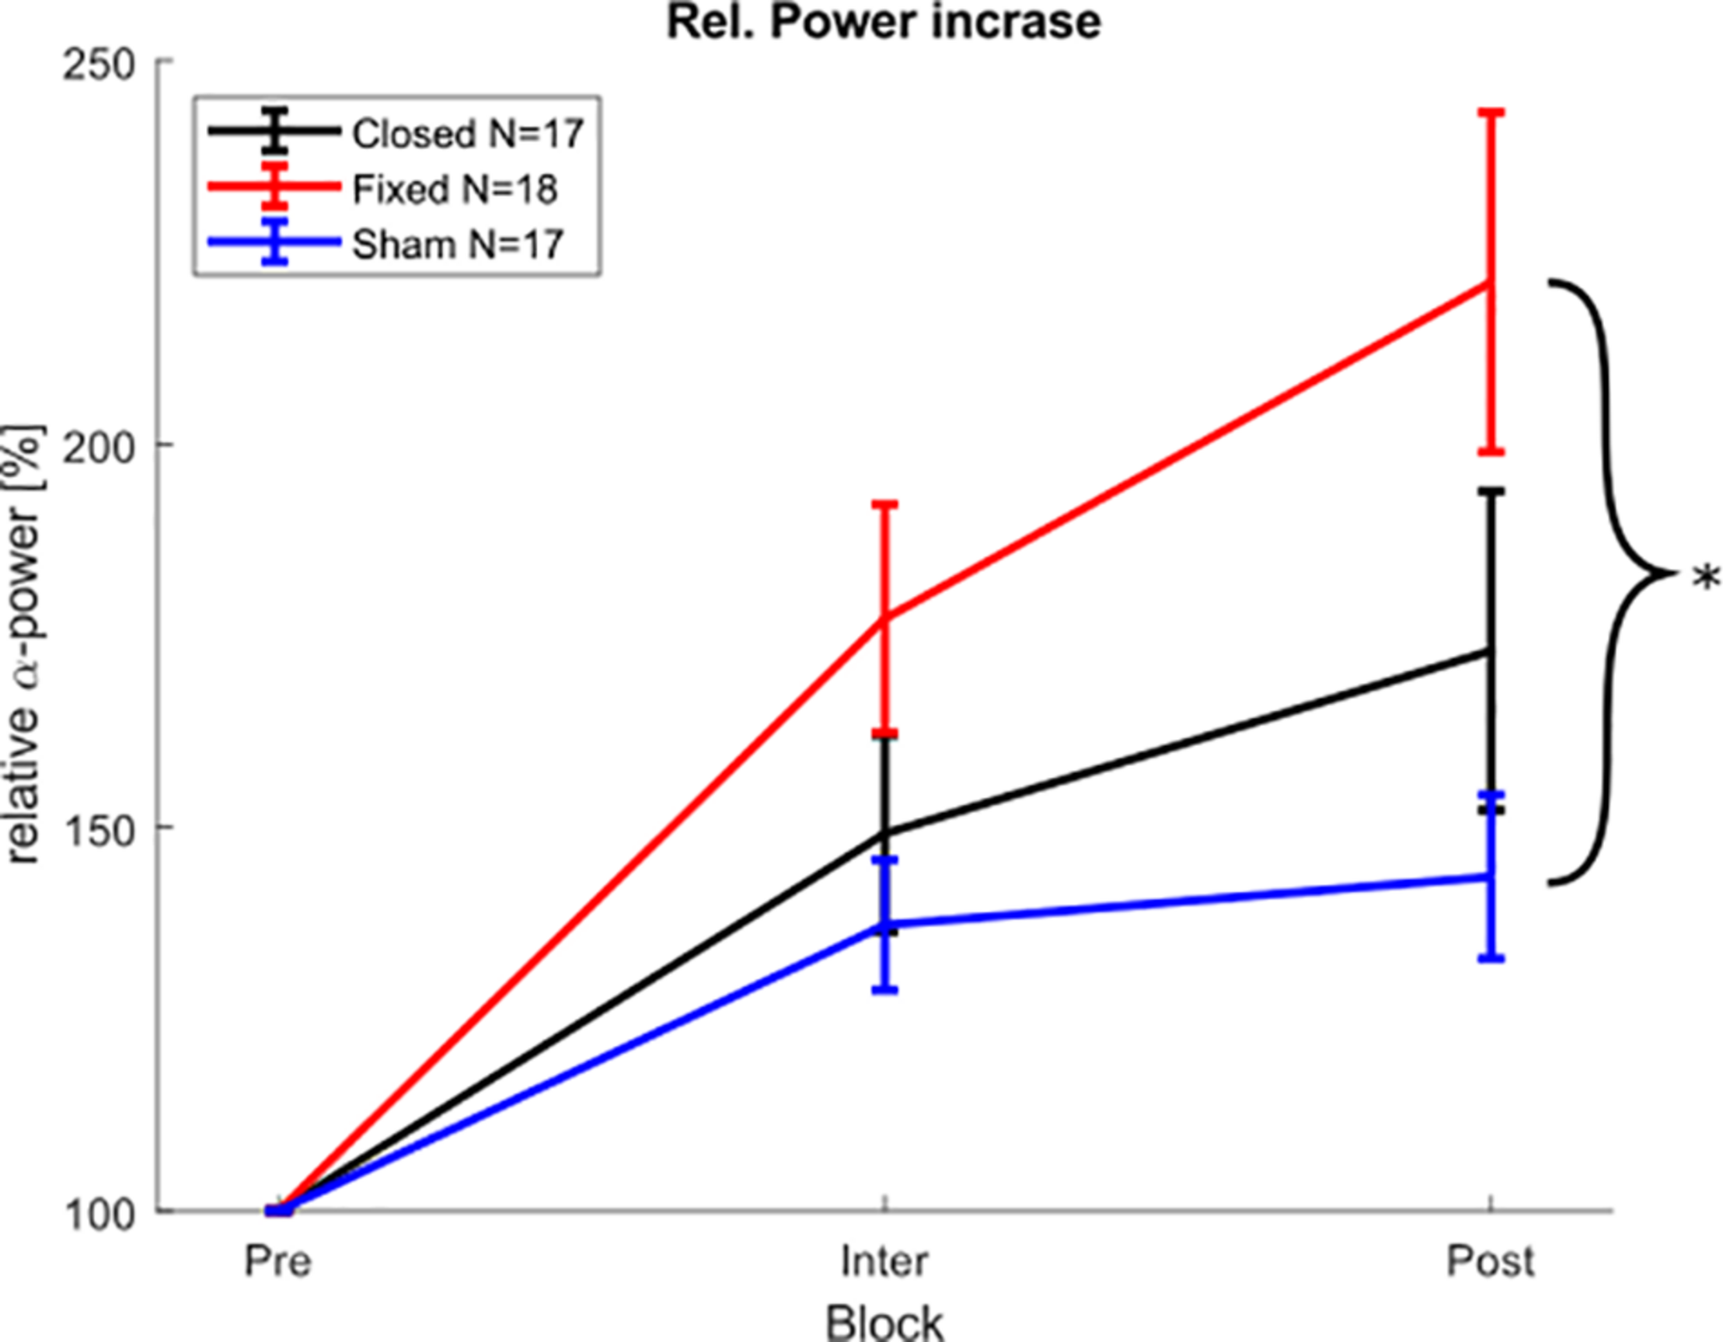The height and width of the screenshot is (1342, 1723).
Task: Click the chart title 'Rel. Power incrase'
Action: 884,22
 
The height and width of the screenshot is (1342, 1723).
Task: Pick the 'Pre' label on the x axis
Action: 277,1261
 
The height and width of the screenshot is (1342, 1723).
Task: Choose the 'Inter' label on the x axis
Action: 884,1261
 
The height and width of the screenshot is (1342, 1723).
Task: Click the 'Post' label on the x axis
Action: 1491,1261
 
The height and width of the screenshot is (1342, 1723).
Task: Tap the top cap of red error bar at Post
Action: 1491,113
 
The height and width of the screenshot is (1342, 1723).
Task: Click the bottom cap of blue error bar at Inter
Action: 885,989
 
